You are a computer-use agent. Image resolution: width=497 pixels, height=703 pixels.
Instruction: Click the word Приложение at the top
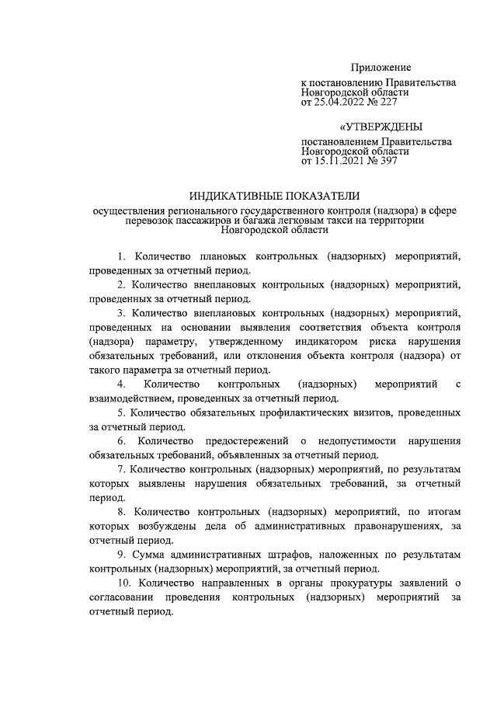(380, 68)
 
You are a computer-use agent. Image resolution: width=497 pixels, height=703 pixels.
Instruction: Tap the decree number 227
(395, 100)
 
